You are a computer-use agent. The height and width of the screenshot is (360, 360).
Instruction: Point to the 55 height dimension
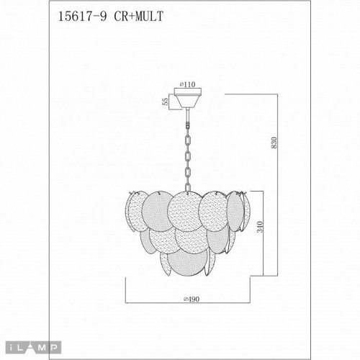click(166, 102)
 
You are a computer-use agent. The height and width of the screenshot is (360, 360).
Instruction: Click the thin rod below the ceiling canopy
click(188, 116)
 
